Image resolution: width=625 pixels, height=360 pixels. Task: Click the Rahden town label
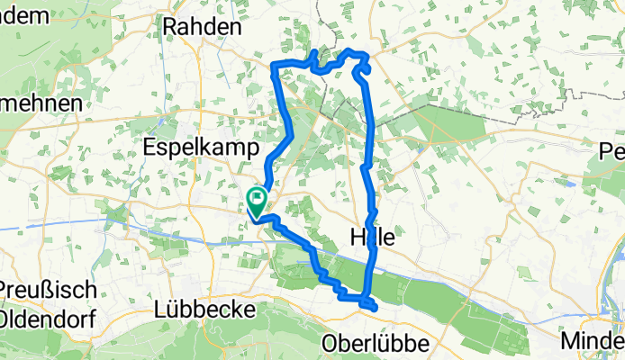203,27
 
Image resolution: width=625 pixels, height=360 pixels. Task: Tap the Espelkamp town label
202,147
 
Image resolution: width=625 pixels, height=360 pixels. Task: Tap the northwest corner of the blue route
274,62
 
